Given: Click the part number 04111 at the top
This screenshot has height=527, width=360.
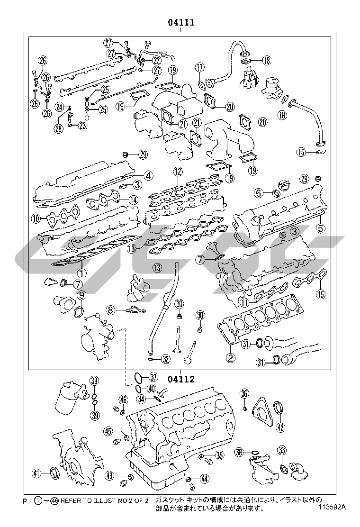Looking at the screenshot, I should pos(180,22).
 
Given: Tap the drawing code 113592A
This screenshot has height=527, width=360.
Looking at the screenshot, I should pos(332,506).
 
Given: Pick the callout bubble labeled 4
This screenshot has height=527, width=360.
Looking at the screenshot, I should pos(148,175).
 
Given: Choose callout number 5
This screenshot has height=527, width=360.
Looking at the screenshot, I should pos(321,228).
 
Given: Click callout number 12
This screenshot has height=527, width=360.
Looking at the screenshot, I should pos(177,172).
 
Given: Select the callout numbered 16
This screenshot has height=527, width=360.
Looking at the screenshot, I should pos(302,152).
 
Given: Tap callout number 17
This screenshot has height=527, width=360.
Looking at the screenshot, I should pos(199,67).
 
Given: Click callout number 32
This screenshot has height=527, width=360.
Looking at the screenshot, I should pos(165,359).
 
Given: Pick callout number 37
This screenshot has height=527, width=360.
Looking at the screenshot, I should pos(153,377).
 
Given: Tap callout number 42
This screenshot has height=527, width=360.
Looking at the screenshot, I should pos(280,427).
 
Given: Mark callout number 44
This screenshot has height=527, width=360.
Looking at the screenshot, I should pos(204,479).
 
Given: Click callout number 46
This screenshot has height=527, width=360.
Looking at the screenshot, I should pos(123,400).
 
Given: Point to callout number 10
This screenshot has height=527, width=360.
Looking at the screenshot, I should pos(36,218).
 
